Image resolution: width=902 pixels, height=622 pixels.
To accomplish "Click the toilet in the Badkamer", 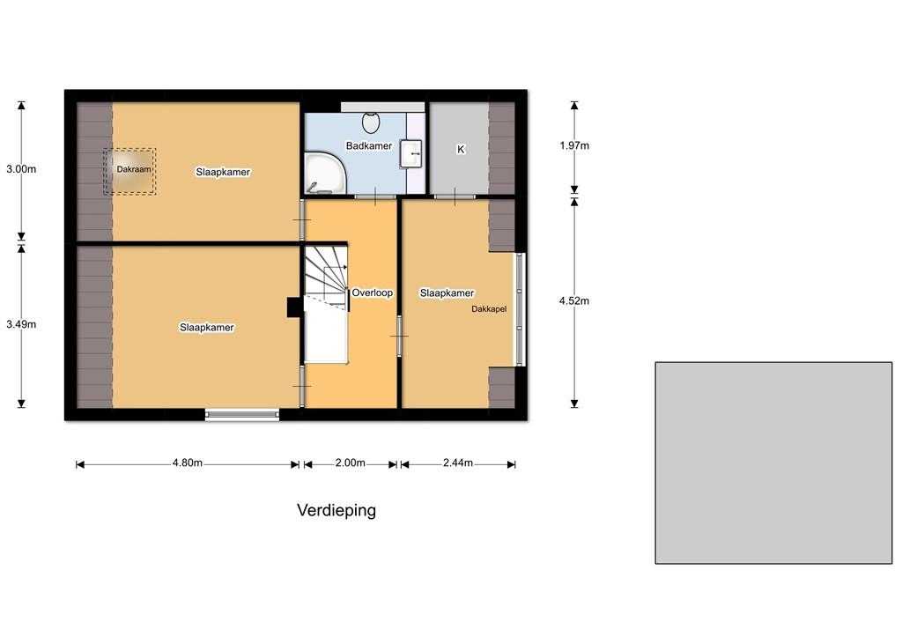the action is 371,122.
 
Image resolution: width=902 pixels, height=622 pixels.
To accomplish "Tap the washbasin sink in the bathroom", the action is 411,154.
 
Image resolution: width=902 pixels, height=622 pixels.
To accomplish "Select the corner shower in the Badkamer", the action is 326,173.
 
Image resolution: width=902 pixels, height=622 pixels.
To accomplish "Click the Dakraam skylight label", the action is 134,169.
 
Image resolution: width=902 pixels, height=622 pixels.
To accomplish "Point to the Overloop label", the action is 373,292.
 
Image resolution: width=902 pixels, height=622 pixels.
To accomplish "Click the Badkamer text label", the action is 369,146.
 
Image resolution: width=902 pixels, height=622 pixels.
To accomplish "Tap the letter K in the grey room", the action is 461,150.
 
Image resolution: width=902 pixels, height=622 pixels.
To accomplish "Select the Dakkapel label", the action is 489,309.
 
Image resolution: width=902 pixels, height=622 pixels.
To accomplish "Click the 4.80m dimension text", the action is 188,463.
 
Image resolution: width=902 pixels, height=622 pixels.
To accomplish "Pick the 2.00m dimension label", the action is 351,463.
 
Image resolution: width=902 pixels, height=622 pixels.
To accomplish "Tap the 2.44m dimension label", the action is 458,463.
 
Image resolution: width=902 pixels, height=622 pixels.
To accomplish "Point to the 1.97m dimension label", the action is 574,145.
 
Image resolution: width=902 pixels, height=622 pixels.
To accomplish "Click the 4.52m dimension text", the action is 574,301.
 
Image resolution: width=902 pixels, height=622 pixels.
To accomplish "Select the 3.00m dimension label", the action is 21,169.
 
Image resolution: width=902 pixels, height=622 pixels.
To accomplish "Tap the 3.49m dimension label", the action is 21,324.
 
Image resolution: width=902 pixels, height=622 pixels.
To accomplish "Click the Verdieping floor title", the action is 336,510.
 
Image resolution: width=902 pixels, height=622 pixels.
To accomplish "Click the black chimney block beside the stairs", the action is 294,307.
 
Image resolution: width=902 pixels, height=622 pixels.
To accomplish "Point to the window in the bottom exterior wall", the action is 242,414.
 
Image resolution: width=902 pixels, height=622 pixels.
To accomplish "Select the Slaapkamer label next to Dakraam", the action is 223,172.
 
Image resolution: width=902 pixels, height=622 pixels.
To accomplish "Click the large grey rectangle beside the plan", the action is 773,463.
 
